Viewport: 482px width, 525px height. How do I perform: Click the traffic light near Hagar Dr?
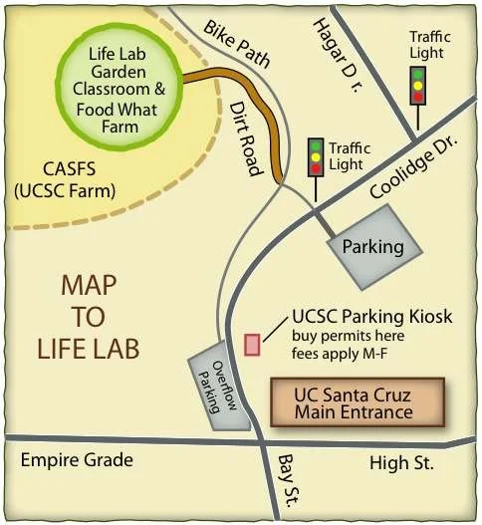pos(418,87)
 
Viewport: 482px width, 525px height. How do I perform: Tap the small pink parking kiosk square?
pos(253,345)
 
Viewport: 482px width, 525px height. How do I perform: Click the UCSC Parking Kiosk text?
pos(372,317)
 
